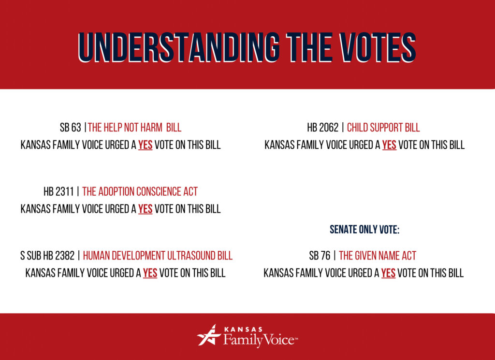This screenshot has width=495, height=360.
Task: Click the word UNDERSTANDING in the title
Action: pyautogui.click(x=178, y=47)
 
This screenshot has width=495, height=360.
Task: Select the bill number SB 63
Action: pyautogui.click(x=71, y=128)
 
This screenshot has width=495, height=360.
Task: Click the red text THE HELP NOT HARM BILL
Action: pyautogui.click(x=134, y=128)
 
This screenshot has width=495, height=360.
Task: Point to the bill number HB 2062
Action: pyautogui.click(x=322, y=128)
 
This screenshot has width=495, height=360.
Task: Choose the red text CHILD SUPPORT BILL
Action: pyautogui.click(x=383, y=128)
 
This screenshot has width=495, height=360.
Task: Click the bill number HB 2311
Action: pyautogui.click(x=58, y=191)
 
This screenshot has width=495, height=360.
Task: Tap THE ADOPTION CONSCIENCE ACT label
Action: pyautogui.click(x=140, y=191)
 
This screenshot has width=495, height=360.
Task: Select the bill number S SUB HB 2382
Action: pyautogui.click(x=47, y=256)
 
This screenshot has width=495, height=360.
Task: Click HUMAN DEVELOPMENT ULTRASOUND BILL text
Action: pyautogui.click(x=158, y=256)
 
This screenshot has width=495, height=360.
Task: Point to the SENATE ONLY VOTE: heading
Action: pyautogui.click(x=364, y=230)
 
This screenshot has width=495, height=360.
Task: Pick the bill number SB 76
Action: pyautogui.click(x=320, y=256)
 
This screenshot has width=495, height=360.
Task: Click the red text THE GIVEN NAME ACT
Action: pyautogui.click(x=378, y=256)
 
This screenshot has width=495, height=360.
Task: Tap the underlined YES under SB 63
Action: pyautogui.click(x=145, y=145)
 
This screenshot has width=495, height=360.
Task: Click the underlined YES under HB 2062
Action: pyautogui.click(x=389, y=145)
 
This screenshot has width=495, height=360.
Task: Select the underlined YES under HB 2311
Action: pyautogui.click(x=145, y=209)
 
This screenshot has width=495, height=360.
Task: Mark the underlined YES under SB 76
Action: pyautogui.click(x=388, y=273)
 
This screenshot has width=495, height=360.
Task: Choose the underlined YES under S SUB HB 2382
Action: pyautogui.click(x=150, y=273)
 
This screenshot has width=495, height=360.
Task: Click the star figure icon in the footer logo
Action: pyautogui.click(x=209, y=335)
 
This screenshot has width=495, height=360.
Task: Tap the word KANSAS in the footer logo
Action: pyautogui.click(x=243, y=330)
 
